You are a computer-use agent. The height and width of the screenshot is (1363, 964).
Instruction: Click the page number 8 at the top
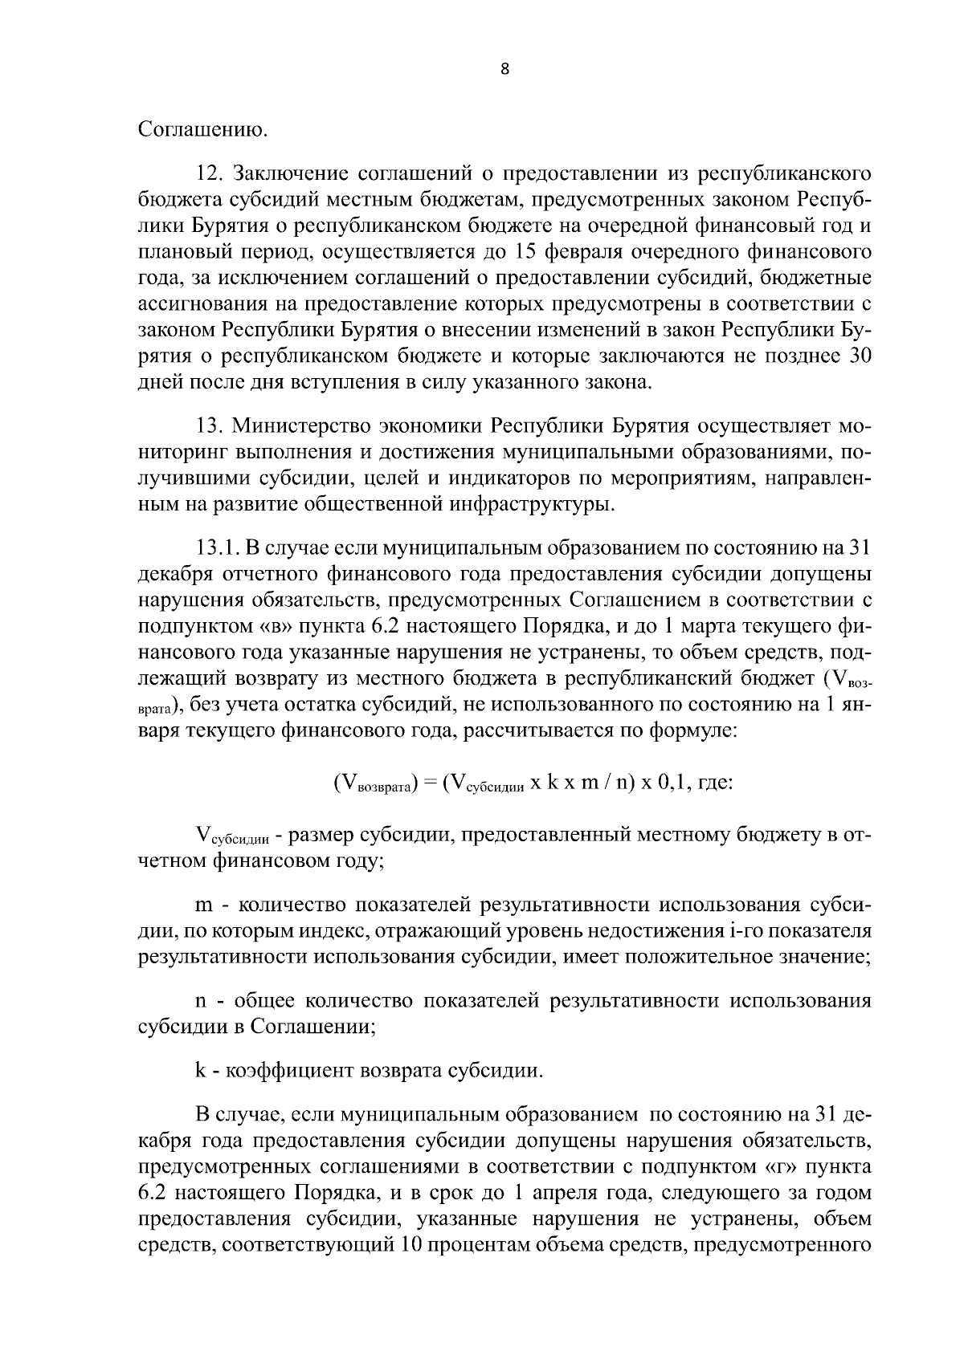(x=504, y=69)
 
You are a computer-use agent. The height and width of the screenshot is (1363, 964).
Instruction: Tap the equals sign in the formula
(x=430, y=782)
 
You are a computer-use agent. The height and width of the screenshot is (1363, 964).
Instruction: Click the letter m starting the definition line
(x=204, y=905)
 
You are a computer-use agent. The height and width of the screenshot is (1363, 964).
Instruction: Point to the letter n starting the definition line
(x=202, y=1002)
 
